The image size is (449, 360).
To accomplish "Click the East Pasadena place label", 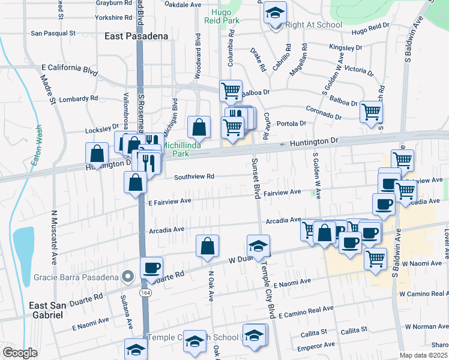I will click(x=136, y=36).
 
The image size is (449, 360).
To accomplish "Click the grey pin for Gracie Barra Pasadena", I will click(x=127, y=277).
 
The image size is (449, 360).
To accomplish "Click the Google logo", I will click(x=19, y=353).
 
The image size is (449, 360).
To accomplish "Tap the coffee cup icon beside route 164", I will click(x=151, y=268).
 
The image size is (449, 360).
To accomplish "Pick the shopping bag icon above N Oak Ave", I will click(x=207, y=247).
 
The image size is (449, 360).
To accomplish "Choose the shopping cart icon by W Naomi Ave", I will click(x=375, y=259).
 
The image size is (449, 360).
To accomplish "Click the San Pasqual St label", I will click(x=53, y=34).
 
